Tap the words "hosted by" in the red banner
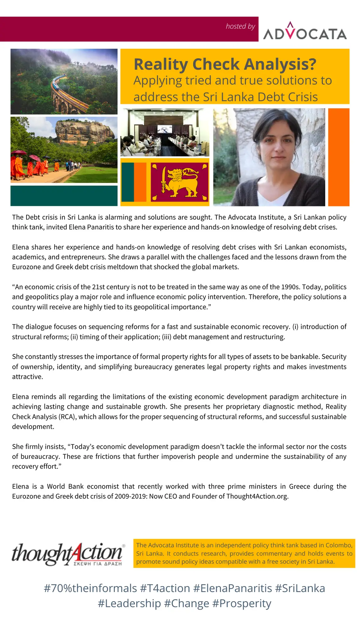pos(240,27)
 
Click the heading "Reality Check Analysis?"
pos(225,64)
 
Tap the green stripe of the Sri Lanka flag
pos(128,182)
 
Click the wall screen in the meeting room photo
pos(164,129)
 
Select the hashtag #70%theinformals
pos(90,588)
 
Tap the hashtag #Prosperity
pos(242,603)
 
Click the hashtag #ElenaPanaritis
pos(232,588)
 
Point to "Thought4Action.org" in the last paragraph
pos(257,496)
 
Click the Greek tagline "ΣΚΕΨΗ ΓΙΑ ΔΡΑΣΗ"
pos(98,564)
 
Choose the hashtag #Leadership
pos(129,603)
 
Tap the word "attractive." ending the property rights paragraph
pos(27,377)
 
